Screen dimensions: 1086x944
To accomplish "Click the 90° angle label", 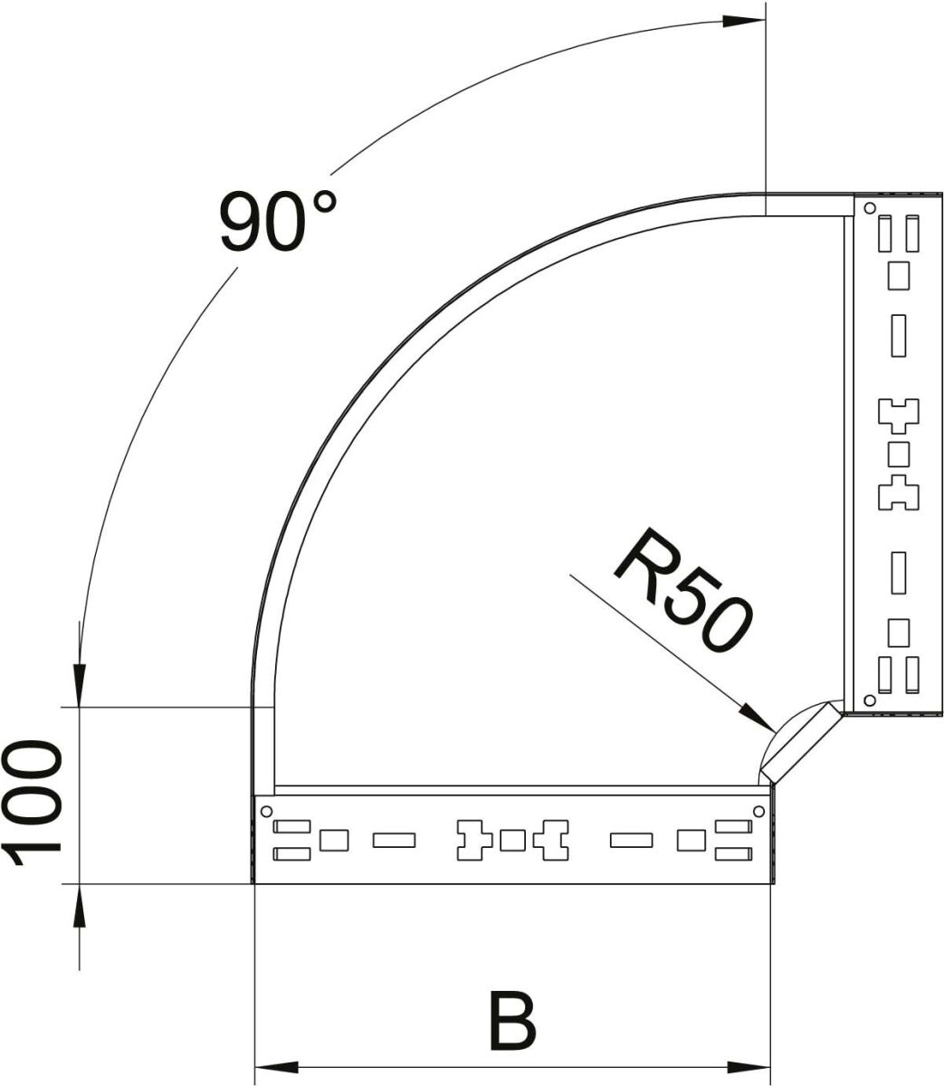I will pyautogui.click(x=277, y=221).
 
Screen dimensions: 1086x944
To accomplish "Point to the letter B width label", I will pyautogui.click(x=512, y=1022).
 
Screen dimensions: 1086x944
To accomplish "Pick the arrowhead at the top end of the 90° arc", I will pyautogui.click(x=742, y=21).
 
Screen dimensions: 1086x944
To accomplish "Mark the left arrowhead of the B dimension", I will pyautogui.click(x=272, y=1066).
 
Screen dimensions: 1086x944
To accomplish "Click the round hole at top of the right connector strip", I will pyautogui.click(x=870, y=208).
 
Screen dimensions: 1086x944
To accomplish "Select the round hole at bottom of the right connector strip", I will pyautogui.click(x=870, y=700).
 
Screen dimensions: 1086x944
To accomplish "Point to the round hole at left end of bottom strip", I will pyautogui.click(x=267, y=810).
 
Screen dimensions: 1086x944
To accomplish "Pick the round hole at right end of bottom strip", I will pyautogui.click(x=759, y=810).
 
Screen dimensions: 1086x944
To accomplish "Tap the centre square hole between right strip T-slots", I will pyautogui.click(x=898, y=452).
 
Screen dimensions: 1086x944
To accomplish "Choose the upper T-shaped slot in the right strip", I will pyautogui.click(x=898, y=414).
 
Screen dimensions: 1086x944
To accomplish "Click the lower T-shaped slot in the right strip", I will pyautogui.click(x=898, y=491).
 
